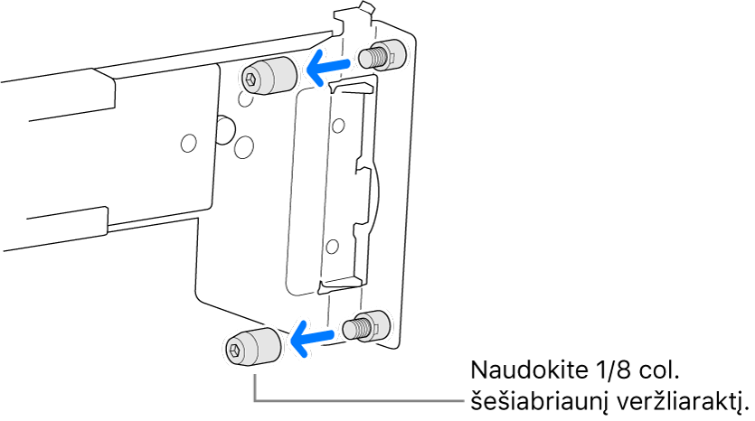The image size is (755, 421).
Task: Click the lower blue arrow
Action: (312, 338)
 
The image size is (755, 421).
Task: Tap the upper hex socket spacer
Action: (269, 77)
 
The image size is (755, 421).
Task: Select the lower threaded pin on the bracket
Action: (365, 327)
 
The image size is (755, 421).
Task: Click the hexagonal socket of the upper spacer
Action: (251, 79)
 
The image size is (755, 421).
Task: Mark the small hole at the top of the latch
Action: (338, 126)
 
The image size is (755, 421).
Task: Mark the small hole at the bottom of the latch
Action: (332, 247)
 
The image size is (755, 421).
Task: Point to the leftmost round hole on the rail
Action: (188, 143)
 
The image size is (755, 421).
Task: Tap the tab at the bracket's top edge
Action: (365, 8)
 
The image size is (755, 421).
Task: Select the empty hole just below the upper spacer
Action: (245, 99)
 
